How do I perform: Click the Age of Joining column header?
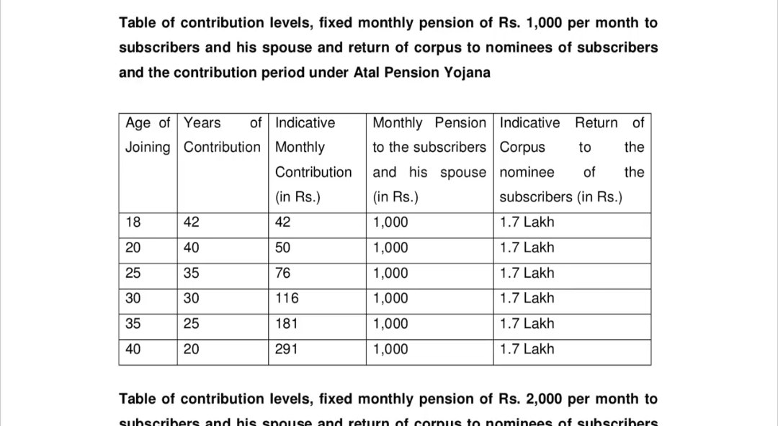click(148, 135)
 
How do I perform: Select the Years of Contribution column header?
click(222, 135)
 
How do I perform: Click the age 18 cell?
click(133, 222)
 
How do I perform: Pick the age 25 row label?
click(133, 273)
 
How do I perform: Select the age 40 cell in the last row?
click(133, 350)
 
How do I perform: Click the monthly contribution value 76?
click(283, 273)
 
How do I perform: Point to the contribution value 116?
click(287, 299)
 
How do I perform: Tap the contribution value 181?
click(287, 324)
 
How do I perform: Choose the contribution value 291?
click(287, 350)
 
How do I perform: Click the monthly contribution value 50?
click(283, 248)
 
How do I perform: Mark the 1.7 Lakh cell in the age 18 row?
click(527, 222)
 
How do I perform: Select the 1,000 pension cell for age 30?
click(390, 299)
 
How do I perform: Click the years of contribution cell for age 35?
click(192, 324)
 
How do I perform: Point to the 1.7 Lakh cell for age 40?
click(527, 350)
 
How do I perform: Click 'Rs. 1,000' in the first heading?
click(530, 23)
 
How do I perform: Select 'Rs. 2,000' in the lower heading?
click(530, 399)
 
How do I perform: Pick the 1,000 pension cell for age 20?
click(390, 248)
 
